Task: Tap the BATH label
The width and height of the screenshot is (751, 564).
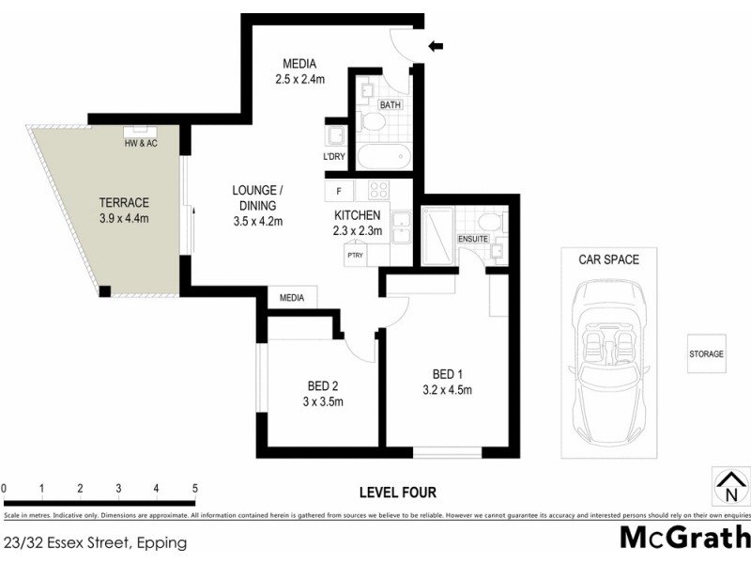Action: [391, 104]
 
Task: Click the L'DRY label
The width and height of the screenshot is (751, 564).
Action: [334, 156]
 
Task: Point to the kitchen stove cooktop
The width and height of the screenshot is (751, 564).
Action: [378, 190]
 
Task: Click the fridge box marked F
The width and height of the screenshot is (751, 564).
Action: [338, 191]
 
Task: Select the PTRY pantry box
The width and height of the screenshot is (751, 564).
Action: [355, 255]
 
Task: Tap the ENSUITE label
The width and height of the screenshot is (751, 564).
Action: [473, 239]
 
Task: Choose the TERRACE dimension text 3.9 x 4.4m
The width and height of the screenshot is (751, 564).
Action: [125, 218]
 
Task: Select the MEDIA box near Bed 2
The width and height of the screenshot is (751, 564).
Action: [292, 298]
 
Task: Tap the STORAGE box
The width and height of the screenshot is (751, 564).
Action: [706, 353]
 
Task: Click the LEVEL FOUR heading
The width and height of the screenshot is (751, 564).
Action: [398, 492]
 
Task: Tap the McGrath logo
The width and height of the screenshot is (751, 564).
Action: [684, 539]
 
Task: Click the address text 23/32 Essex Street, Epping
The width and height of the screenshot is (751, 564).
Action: [95, 542]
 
